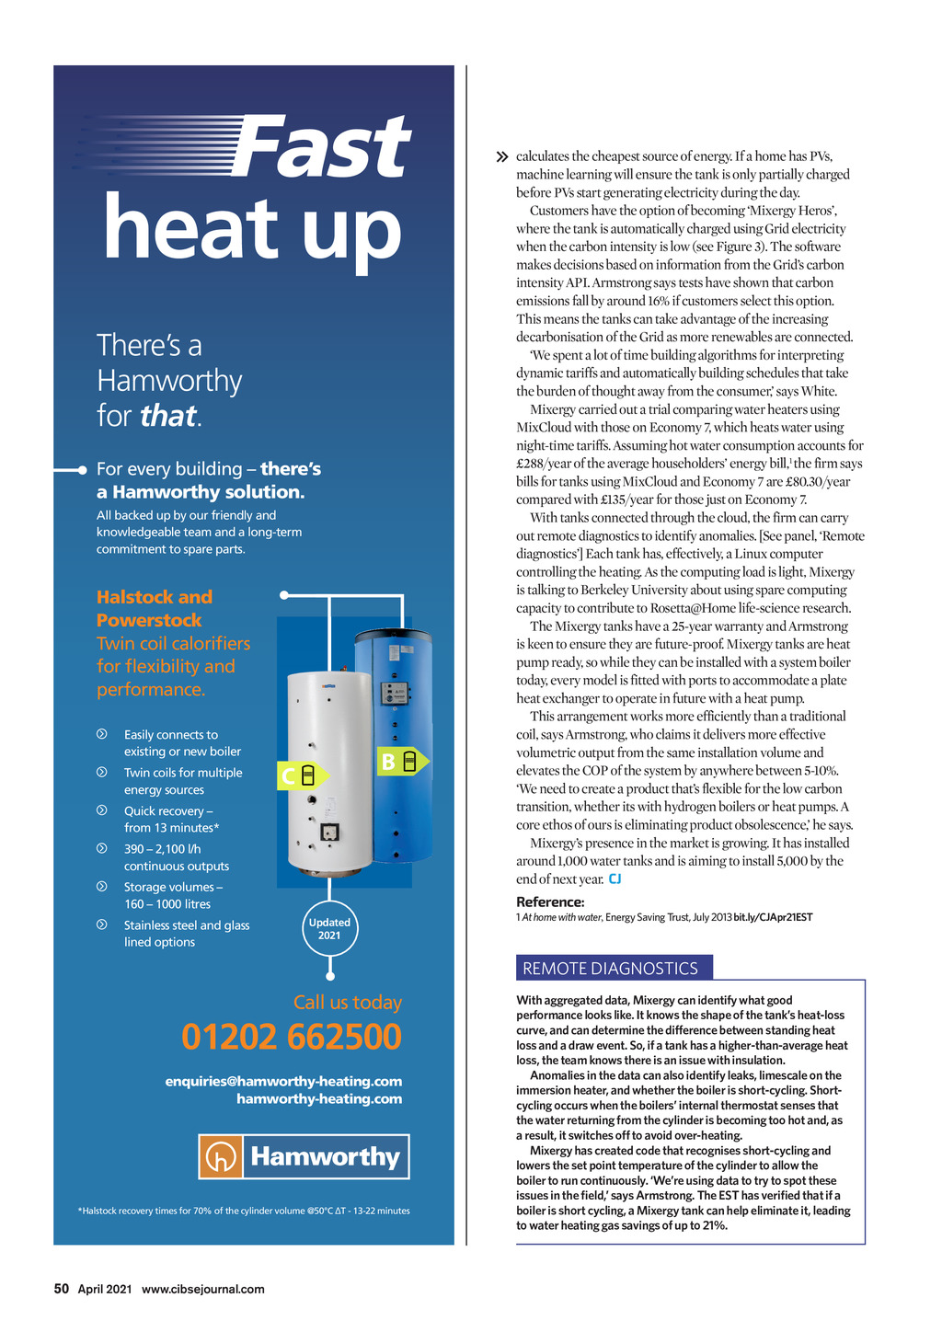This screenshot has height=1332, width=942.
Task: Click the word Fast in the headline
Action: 320,147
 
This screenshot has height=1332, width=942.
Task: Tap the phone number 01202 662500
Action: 292,1037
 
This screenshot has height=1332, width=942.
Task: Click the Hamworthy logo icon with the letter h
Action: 221,1157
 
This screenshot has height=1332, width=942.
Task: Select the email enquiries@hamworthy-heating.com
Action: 283,1081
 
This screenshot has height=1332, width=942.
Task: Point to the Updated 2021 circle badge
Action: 329,929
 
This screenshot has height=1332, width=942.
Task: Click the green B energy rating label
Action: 401,762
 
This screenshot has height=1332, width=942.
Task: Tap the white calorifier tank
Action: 328,773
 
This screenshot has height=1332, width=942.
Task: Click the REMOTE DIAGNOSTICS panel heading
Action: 611,968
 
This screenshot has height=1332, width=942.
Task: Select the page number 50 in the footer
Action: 62,1289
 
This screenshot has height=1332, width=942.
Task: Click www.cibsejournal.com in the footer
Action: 202,1289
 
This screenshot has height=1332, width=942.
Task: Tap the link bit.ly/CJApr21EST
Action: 773,917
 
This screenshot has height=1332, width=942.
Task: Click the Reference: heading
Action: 550,901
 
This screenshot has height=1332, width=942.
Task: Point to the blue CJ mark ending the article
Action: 615,879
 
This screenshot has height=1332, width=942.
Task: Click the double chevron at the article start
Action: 501,157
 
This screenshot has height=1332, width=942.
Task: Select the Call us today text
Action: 348,1002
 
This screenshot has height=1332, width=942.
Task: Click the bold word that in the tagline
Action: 167,416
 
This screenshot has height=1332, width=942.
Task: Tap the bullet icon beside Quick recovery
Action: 102,810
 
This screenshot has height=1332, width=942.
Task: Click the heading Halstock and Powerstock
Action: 155,608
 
